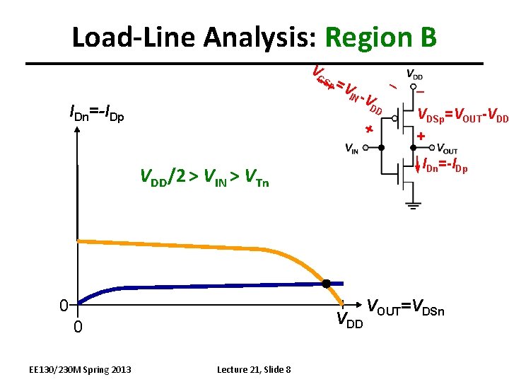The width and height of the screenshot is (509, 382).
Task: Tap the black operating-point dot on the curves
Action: pyautogui.click(x=326, y=284)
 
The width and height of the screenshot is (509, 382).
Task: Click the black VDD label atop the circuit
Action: pyautogui.click(x=415, y=74)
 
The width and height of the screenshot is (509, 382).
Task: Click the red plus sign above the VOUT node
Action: pyautogui.click(x=422, y=136)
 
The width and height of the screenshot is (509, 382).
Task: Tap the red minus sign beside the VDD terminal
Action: pyautogui.click(x=420, y=91)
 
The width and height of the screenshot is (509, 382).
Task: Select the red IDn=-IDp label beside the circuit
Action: pyautogui.click(x=445, y=168)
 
